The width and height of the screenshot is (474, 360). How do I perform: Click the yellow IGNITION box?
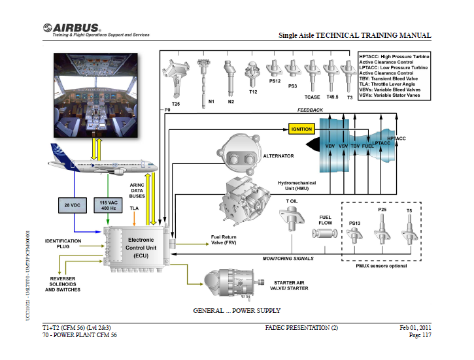pos(301,129)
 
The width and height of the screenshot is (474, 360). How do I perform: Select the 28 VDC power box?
pos(73,206)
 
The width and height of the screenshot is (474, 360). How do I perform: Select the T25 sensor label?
pos(175,104)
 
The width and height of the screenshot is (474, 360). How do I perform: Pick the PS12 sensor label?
pos(275,80)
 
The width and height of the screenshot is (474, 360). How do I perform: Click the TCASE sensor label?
pos(313,97)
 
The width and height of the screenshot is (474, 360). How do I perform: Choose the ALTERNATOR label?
pos(279,156)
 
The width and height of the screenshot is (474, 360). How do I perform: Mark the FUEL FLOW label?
pos(325,220)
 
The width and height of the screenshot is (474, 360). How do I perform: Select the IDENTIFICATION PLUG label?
pos(63,244)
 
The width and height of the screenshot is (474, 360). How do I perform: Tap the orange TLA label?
pos(135,208)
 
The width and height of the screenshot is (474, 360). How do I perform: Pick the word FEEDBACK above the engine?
pos(310,110)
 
